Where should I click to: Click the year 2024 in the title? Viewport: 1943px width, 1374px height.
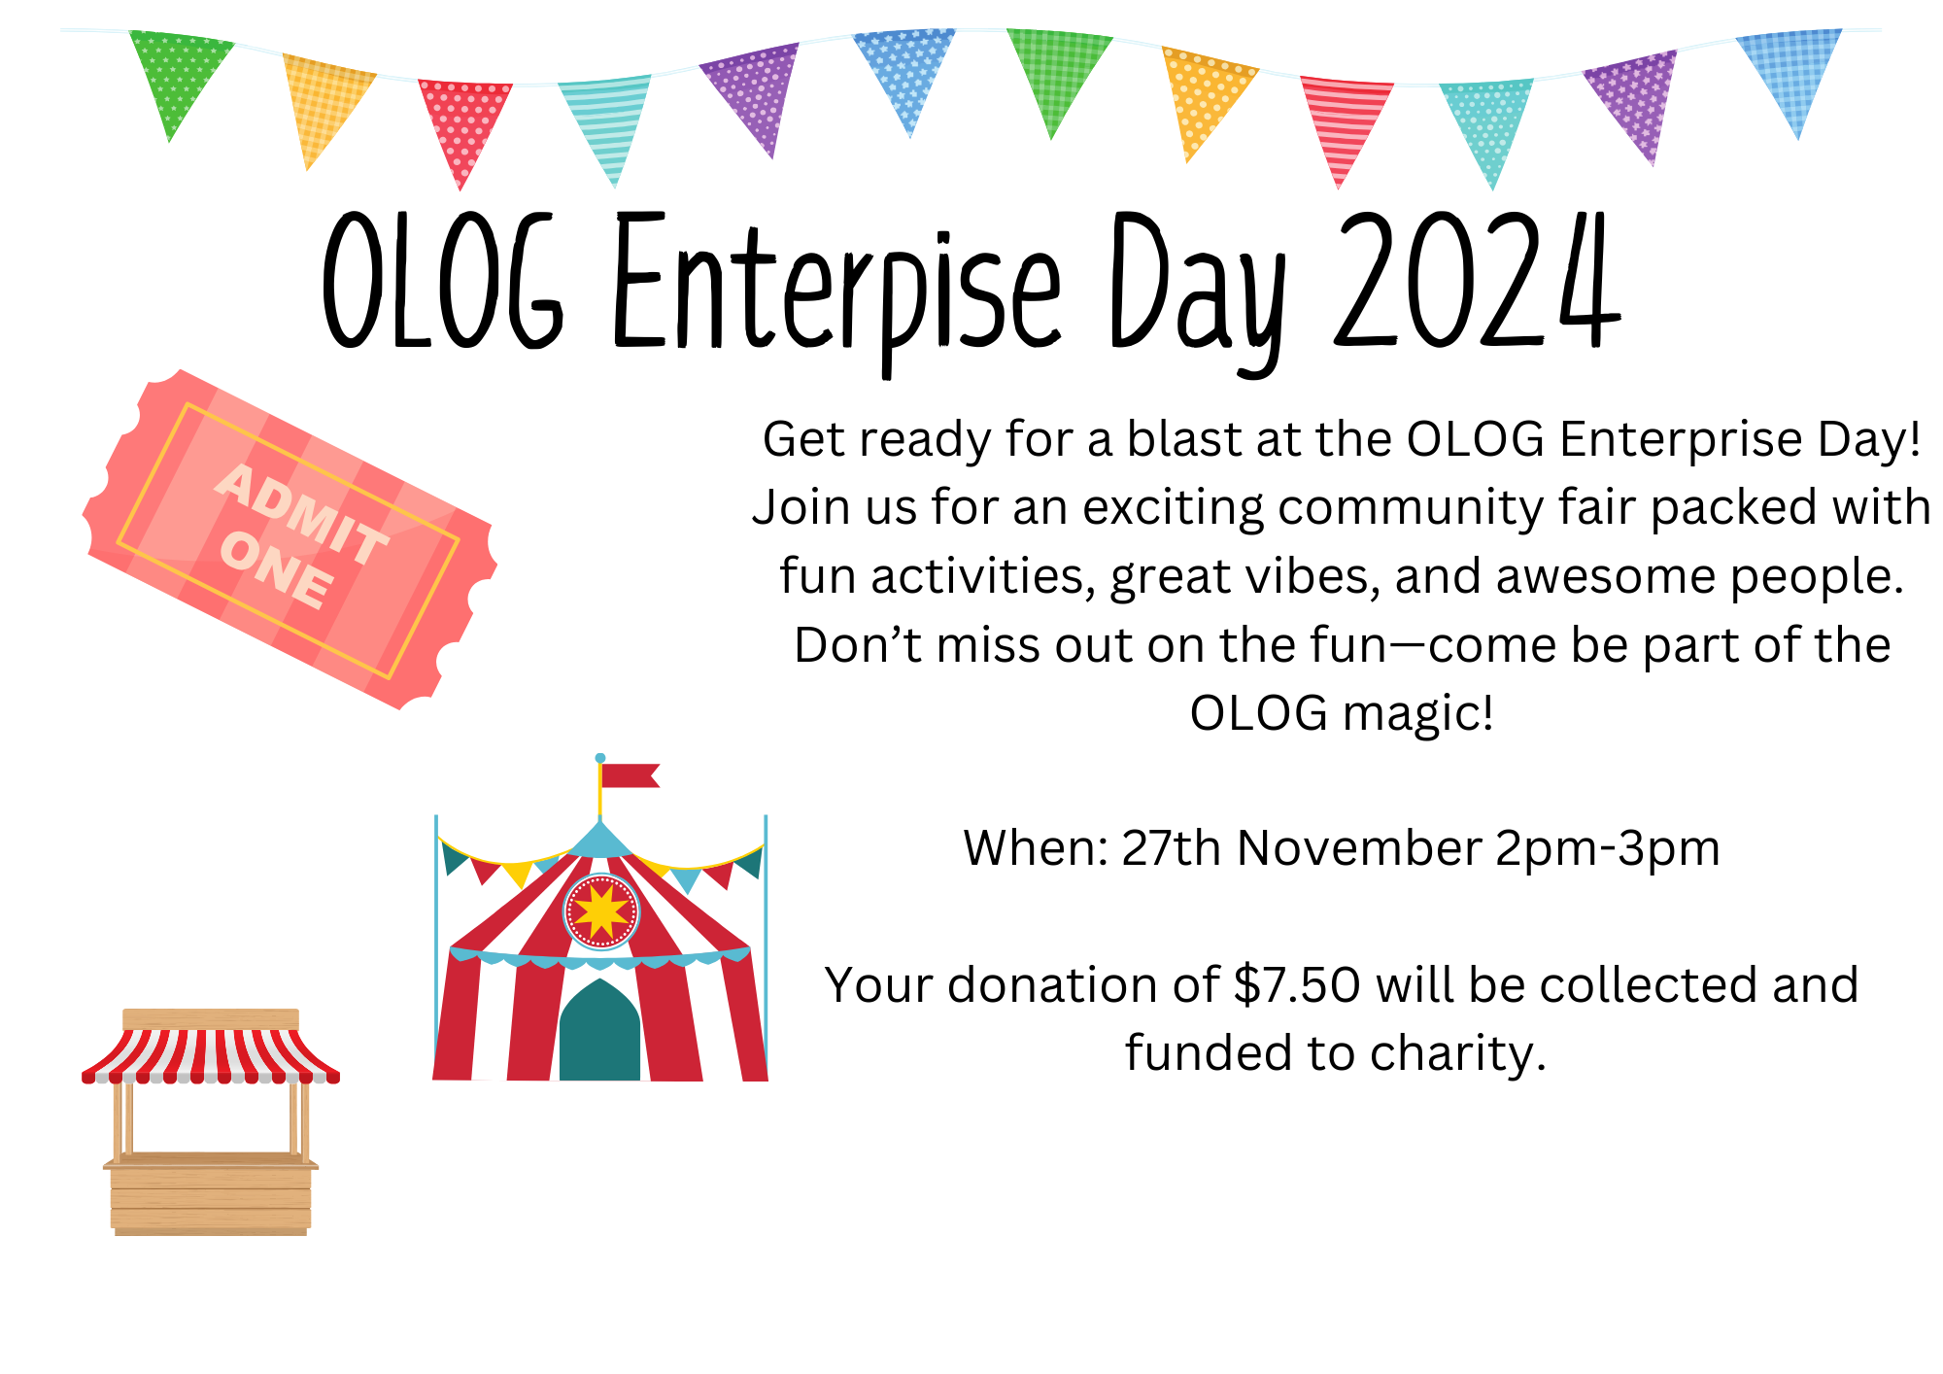click(1478, 282)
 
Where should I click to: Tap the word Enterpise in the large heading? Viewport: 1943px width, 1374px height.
click(836, 292)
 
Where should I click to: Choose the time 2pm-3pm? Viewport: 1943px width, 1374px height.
click(1608, 849)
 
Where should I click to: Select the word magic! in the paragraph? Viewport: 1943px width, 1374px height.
click(1417, 714)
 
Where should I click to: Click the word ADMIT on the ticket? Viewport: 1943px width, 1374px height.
click(302, 513)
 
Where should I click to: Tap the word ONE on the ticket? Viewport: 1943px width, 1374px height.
click(277, 571)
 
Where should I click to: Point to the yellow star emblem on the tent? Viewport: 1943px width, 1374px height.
click(601, 911)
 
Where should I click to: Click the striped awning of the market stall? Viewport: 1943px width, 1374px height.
click(211, 1053)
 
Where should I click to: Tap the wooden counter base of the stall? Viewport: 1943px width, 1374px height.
click(211, 1195)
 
